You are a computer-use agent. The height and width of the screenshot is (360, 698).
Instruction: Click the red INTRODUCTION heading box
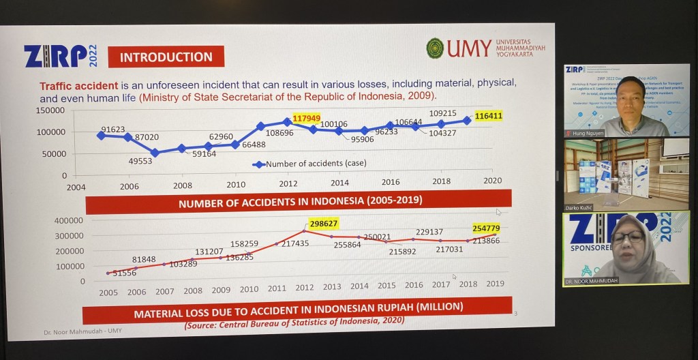click(x=166, y=57)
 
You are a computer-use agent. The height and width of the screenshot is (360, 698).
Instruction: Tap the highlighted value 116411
click(x=489, y=117)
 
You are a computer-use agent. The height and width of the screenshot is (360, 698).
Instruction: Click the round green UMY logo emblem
click(x=435, y=48)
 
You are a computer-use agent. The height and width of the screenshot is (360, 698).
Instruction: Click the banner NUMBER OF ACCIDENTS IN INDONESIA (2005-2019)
click(x=300, y=202)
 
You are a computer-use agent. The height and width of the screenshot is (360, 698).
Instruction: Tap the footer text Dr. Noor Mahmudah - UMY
click(x=79, y=331)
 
